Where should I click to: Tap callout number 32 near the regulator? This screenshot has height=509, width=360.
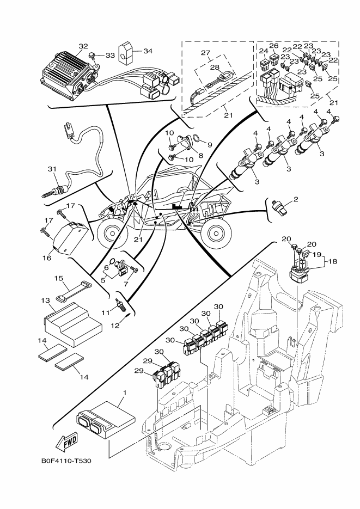83,47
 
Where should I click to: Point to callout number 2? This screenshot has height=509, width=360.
296,199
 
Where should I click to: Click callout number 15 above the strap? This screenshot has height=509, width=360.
59,278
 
